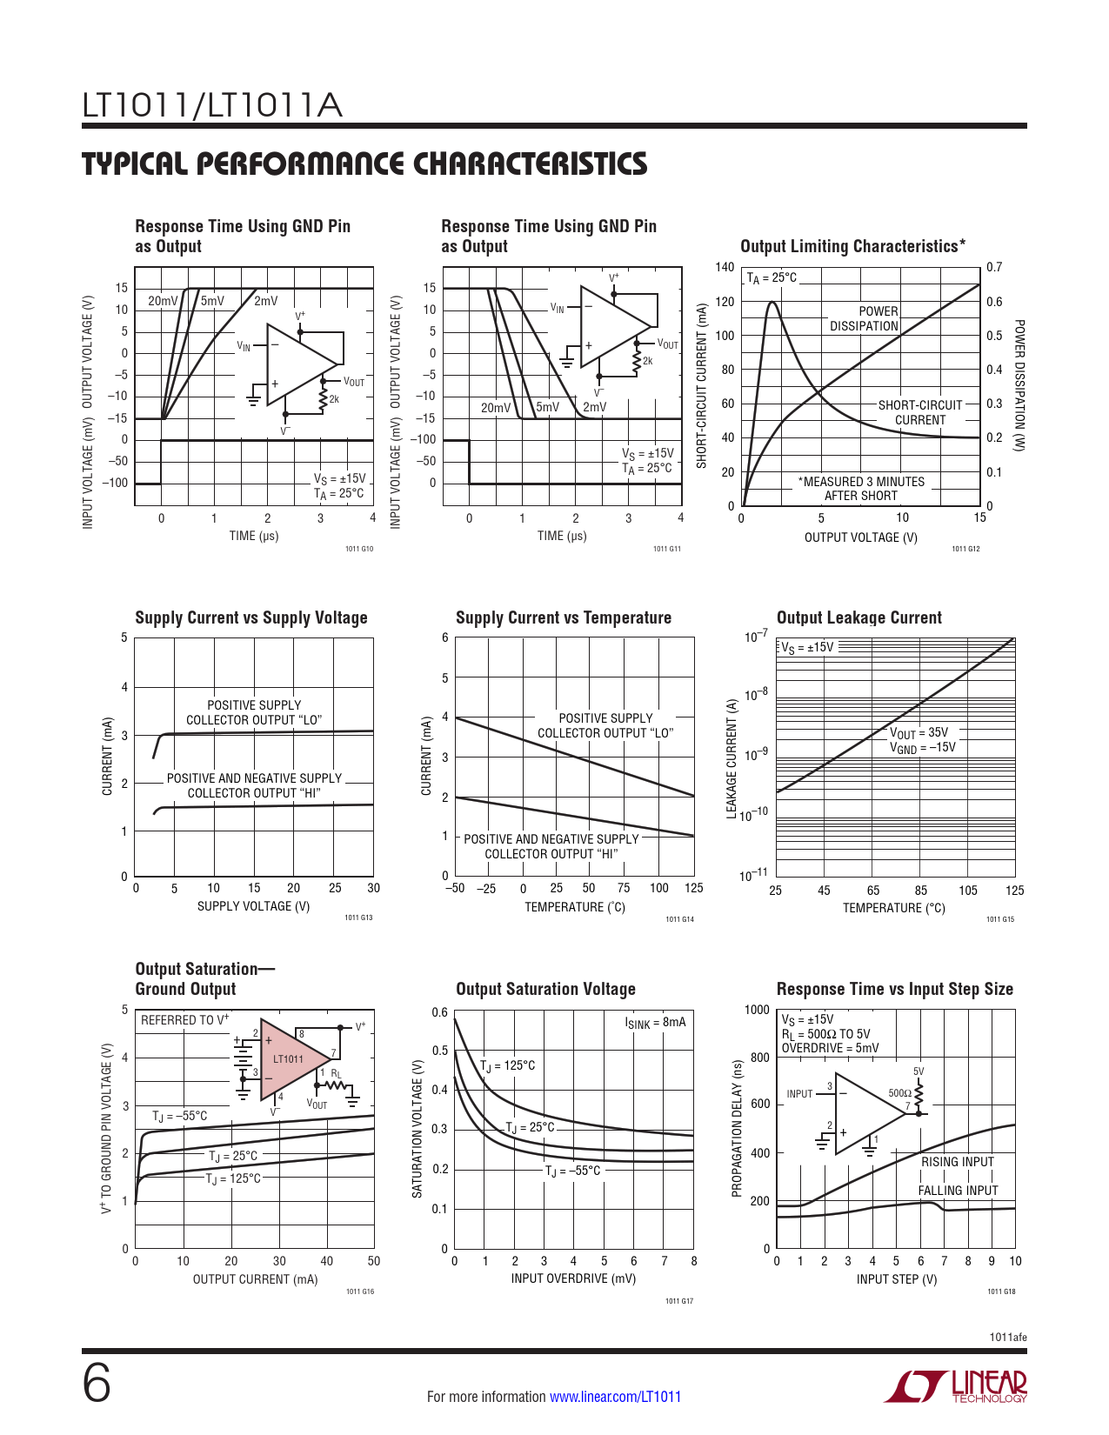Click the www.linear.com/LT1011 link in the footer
(x=615, y=1397)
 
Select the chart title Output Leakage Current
(x=858, y=617)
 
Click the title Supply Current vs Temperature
(x=563, y=617)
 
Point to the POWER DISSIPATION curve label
(x=864, y=318)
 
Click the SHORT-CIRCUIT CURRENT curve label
(x=920, y=412)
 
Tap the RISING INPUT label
(x=957, y=1162)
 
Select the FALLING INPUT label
(x=958, y=1191)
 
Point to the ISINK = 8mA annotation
(x=655, y=1023)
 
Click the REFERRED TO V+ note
(x=184, y=1020)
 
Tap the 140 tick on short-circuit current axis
(x=725, y=267)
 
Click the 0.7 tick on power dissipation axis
(x=994, y=267)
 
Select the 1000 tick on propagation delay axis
(x=757, y=1010)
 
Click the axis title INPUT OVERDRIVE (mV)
(x=573, y=1278)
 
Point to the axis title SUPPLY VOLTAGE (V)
(x=253, y=906)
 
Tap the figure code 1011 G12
(x=965, y=549)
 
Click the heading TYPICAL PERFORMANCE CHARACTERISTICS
(x=364, y=164)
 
